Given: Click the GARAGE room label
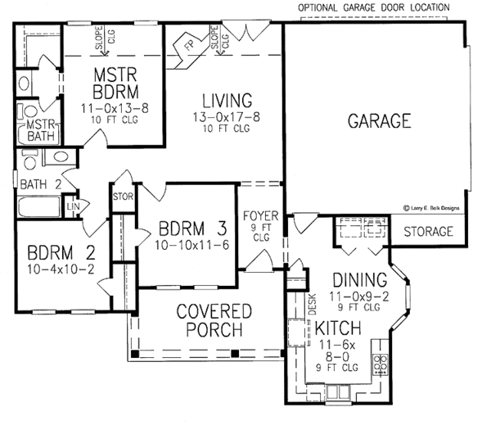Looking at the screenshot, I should click(x=378, y=122).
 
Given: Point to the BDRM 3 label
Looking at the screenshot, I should click(x=187, y=228).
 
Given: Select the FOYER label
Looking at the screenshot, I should click(x=261, y=217).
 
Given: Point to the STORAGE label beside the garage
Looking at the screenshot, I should click(x=428, y=232).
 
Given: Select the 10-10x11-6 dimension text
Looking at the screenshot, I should click(x=187, y=244).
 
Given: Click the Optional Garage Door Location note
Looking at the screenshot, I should click(x=373, y=7).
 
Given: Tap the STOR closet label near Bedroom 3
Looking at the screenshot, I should click(x=122, y=197).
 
